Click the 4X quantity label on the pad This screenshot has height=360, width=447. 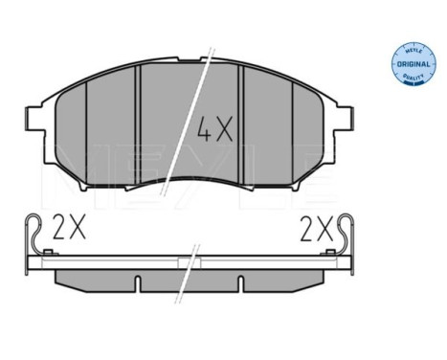(215, 128)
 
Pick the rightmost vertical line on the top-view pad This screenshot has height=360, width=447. (299, 129)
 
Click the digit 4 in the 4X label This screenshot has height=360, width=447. (204, 128)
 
